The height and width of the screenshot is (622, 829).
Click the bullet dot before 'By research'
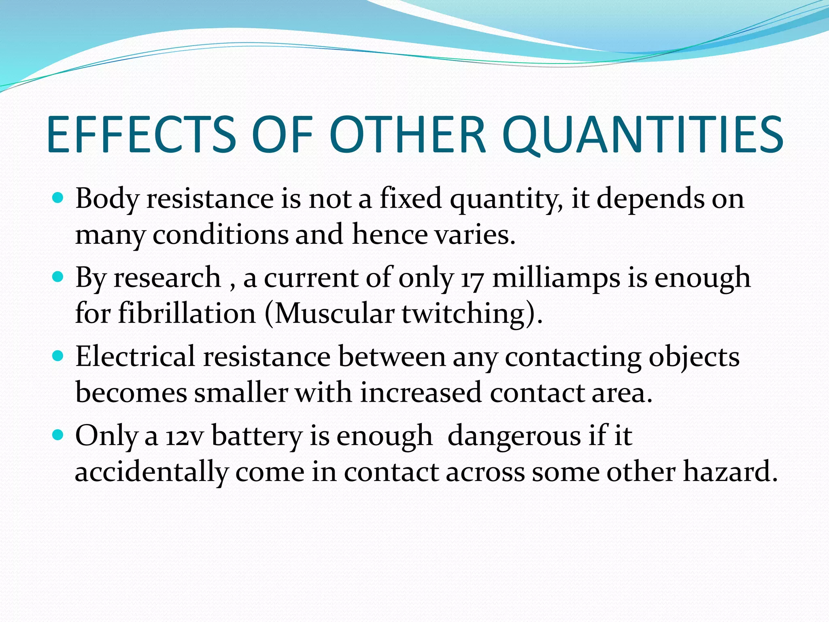pos(58,277)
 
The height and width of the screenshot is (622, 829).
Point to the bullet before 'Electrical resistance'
pos(58,356)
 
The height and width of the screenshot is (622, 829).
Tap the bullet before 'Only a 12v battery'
pos(58,435)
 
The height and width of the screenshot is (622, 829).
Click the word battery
pos(257,437)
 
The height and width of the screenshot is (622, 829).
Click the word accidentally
pos(152,473)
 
